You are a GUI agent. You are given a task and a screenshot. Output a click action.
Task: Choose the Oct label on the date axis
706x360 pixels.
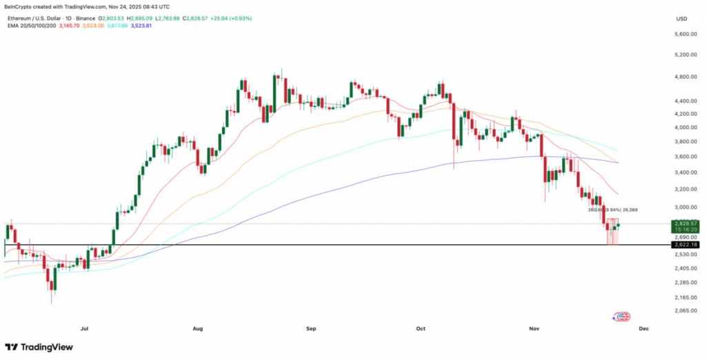[x=422, y=330]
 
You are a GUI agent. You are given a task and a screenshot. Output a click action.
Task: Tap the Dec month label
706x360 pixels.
[x=643, y=330]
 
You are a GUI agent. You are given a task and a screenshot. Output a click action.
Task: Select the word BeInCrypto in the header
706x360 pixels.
[x=19, y=7]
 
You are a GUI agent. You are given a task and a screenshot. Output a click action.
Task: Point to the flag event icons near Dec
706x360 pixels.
[x=621, y=316]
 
